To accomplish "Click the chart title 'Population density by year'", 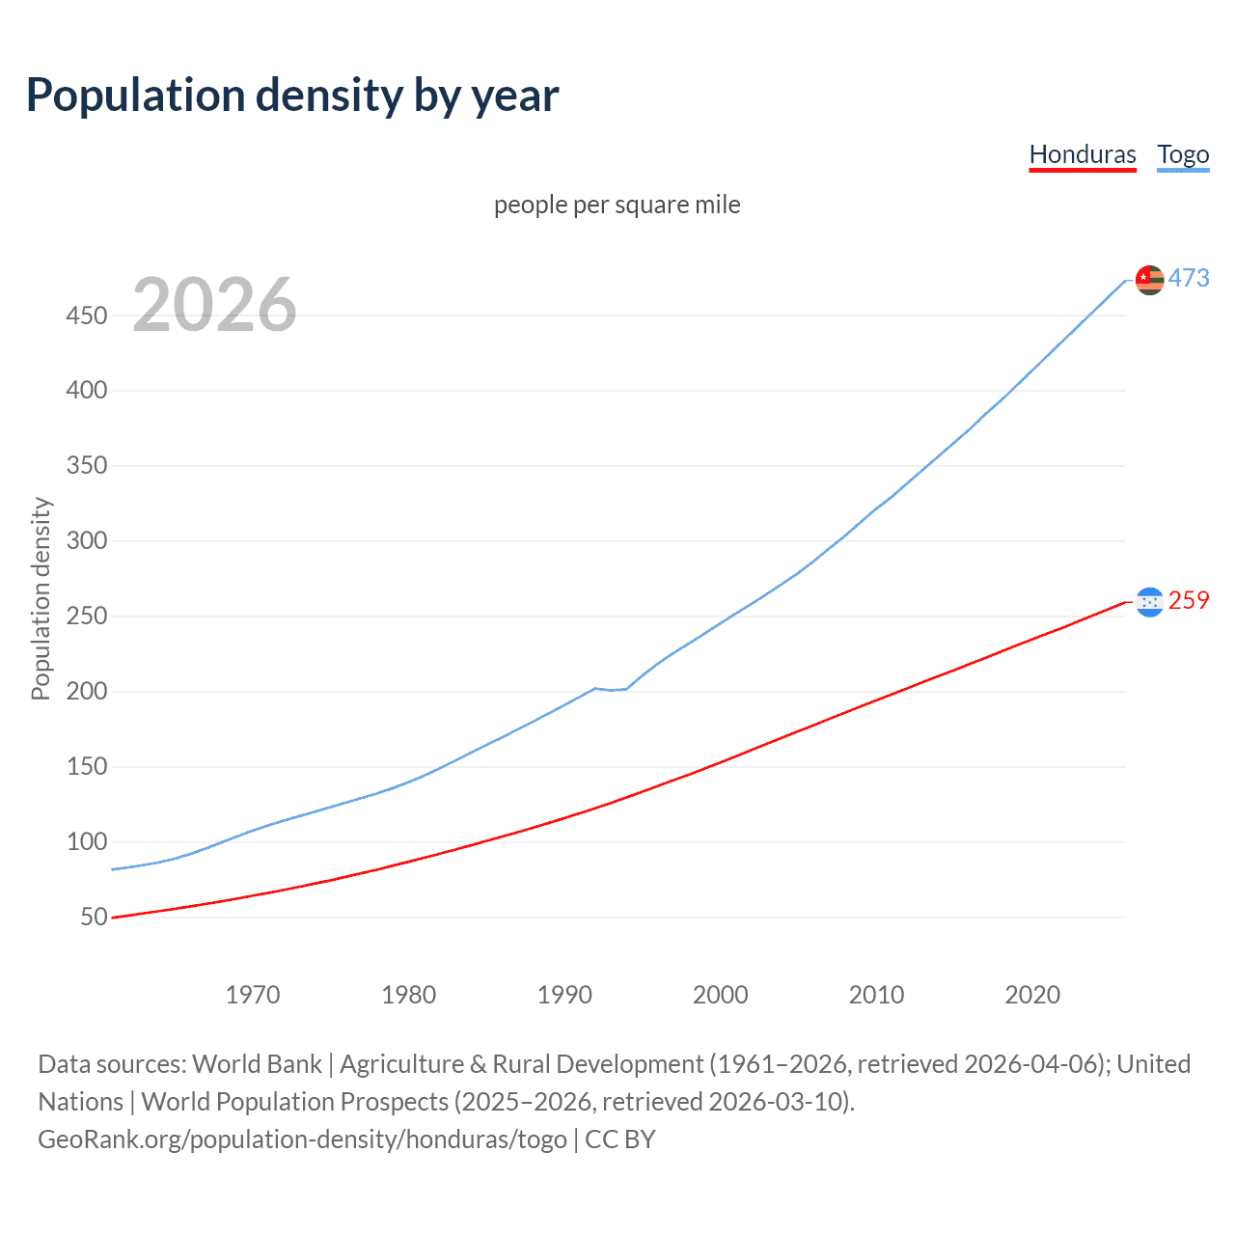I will [292, 95].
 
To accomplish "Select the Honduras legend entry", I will [1083, 154].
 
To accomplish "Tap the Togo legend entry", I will [1183, 154].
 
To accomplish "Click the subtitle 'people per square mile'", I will [617, 205].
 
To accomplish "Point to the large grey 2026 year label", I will [214, 305].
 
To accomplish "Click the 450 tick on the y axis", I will [87, 316].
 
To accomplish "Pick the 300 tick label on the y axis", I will [87, 540].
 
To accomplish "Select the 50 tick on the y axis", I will [94, 917].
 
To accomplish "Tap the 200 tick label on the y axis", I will [87, 691].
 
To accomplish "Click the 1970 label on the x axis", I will [253, 995].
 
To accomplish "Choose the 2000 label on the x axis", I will [720, 995].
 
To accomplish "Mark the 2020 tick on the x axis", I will [1032, 995].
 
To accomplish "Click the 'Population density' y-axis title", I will [41, 598].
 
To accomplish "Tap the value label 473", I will [1189, 278].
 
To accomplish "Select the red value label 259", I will [1189, 600].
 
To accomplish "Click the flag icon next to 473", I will [1149, 280].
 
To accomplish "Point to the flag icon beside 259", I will [1149, 602].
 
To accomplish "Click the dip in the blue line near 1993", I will [611, 690].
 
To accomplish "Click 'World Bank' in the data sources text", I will [257, 1064].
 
